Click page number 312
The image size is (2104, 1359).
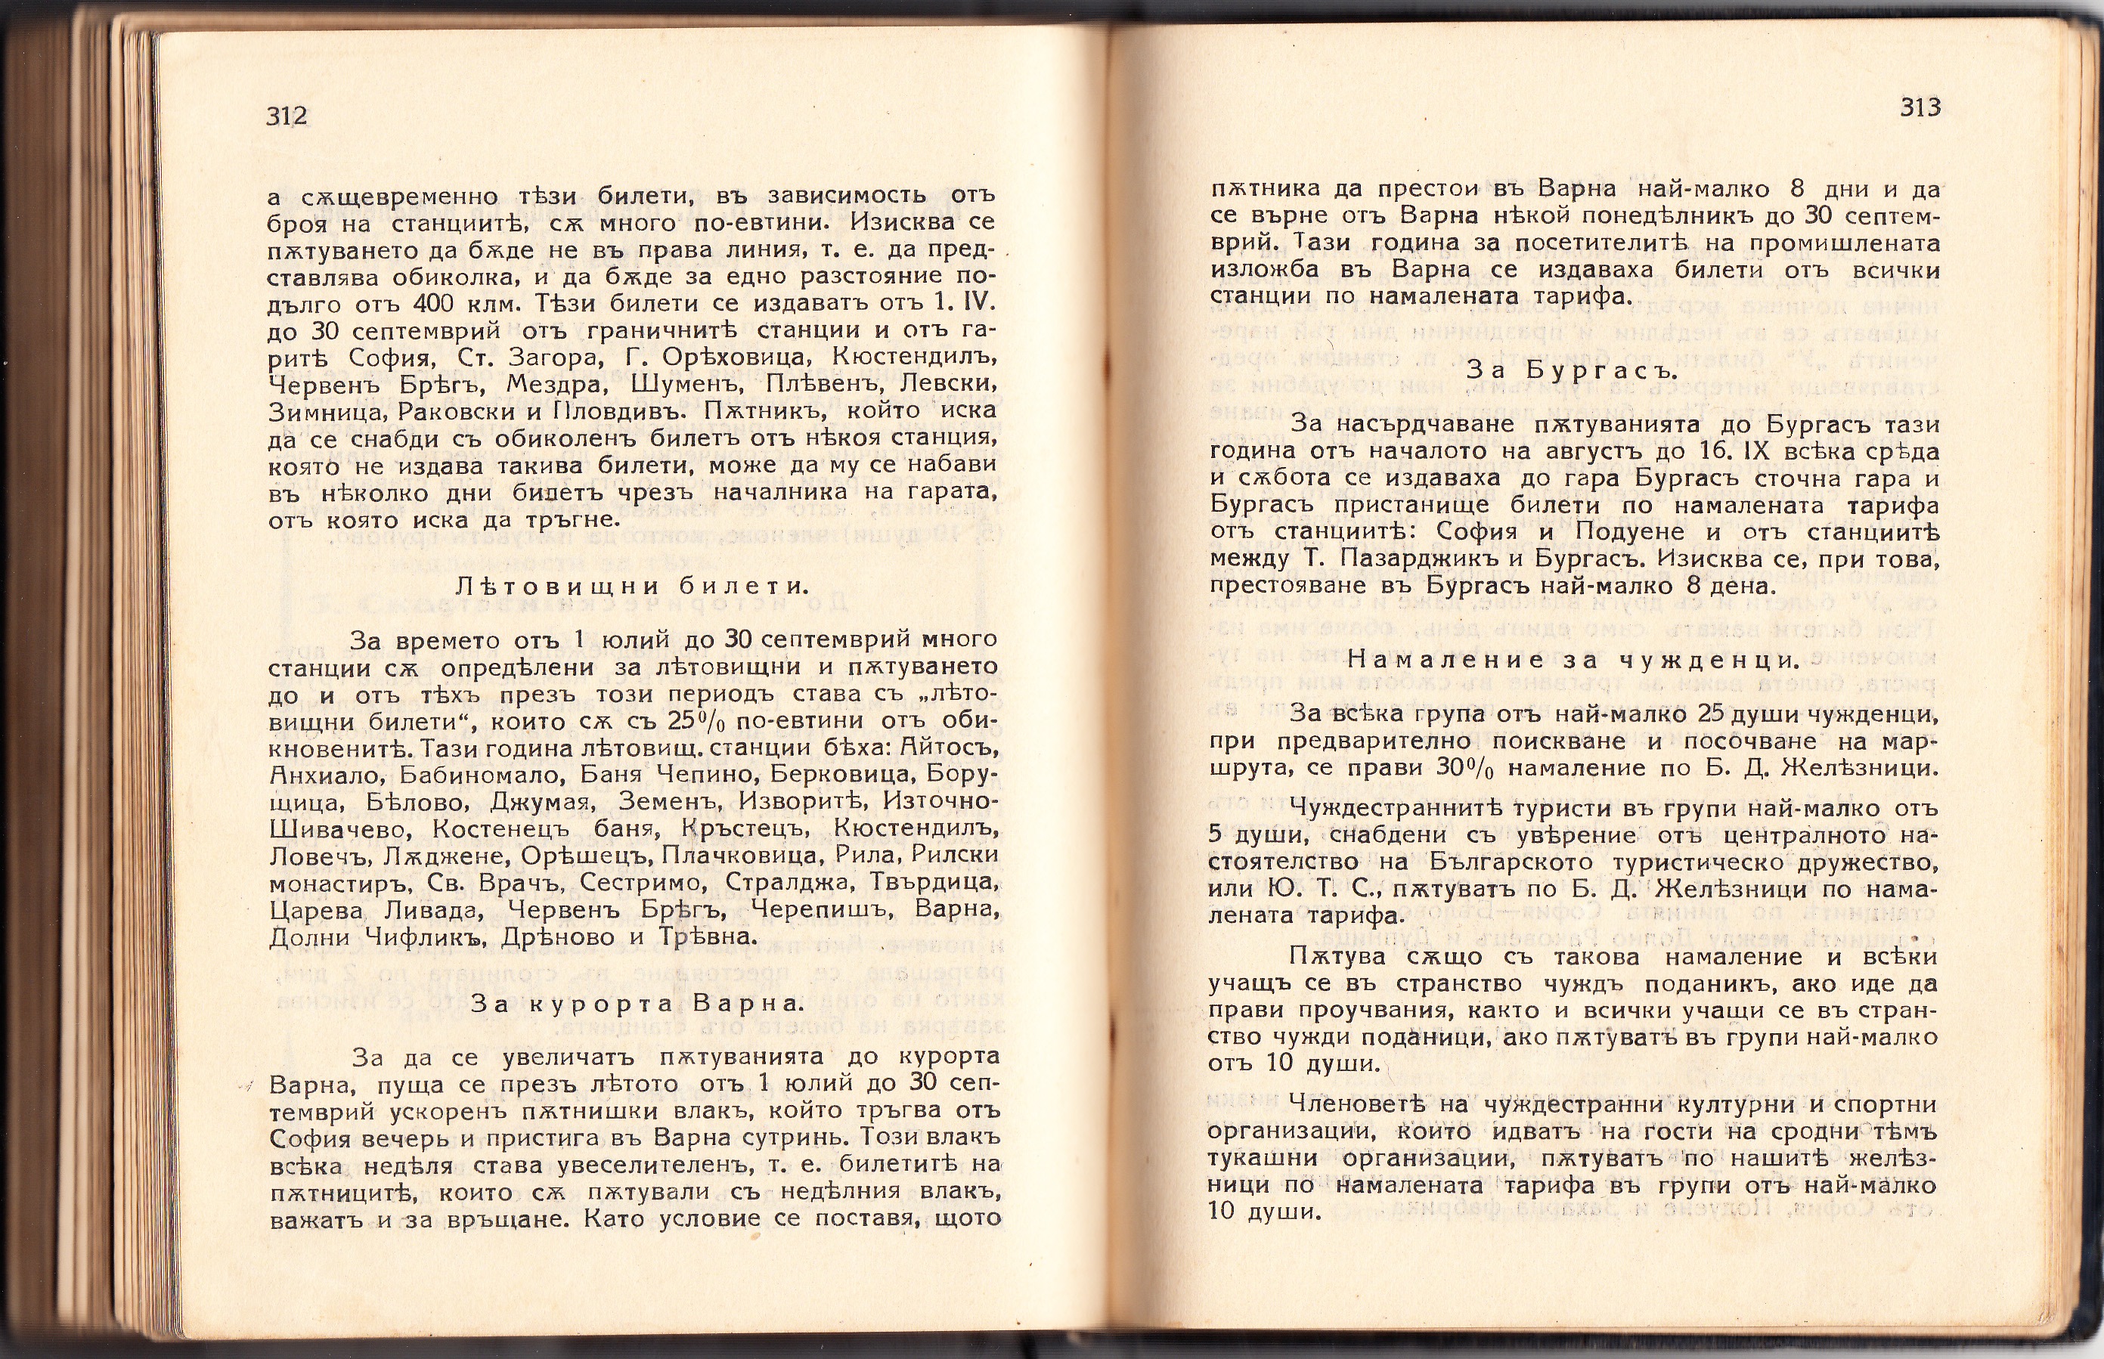click(286, 116)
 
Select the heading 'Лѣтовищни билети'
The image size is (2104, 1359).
click(632, 586)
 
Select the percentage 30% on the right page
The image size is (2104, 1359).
click(1464, 769)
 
